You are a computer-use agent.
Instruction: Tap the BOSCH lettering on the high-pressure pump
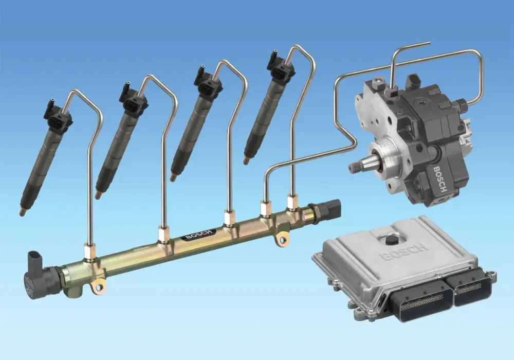440,179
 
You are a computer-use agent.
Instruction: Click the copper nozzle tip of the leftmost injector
22,211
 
